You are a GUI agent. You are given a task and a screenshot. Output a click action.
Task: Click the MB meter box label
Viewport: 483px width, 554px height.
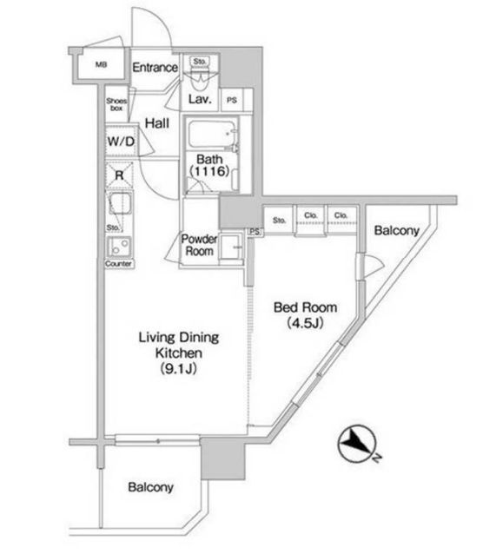point(101,64)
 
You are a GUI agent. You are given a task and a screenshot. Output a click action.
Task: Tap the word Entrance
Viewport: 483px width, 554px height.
point(155,67)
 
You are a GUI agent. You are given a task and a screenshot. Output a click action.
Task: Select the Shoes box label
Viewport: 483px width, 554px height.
point(116,104)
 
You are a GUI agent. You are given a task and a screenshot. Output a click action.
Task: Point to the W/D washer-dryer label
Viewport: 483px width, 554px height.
point(121,142)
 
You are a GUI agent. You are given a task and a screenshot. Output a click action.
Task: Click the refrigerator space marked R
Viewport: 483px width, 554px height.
point(120,175)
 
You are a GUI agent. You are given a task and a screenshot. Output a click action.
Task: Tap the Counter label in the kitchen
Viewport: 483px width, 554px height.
point(118,264)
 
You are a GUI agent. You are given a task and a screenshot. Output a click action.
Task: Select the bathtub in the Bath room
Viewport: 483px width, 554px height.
point(211,135)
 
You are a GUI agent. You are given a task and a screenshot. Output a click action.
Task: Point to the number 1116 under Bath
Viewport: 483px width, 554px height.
point(210,171)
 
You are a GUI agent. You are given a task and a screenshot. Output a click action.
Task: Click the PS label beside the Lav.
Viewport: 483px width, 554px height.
point(232,101)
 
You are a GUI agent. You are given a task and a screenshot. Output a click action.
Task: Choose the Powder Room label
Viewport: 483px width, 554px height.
point(199,245)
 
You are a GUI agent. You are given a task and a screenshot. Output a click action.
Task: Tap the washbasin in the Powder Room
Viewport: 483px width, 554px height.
point(230,247)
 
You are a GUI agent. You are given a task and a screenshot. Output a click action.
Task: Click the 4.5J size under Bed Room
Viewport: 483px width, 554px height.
point(305,323)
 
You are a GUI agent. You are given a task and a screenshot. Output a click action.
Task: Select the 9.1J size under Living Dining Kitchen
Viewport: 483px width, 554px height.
point(179,369)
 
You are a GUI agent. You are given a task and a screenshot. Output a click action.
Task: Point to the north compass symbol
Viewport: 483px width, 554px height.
point(356,444)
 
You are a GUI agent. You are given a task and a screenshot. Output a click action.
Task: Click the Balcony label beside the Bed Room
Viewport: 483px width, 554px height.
point(397,231)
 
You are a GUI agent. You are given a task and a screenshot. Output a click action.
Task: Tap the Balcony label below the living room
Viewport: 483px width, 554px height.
point(150,487)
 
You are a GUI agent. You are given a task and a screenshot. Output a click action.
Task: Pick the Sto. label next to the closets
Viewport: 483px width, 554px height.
point(279,221)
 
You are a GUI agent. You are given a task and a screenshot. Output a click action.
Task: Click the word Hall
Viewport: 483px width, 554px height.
point(157,123)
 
